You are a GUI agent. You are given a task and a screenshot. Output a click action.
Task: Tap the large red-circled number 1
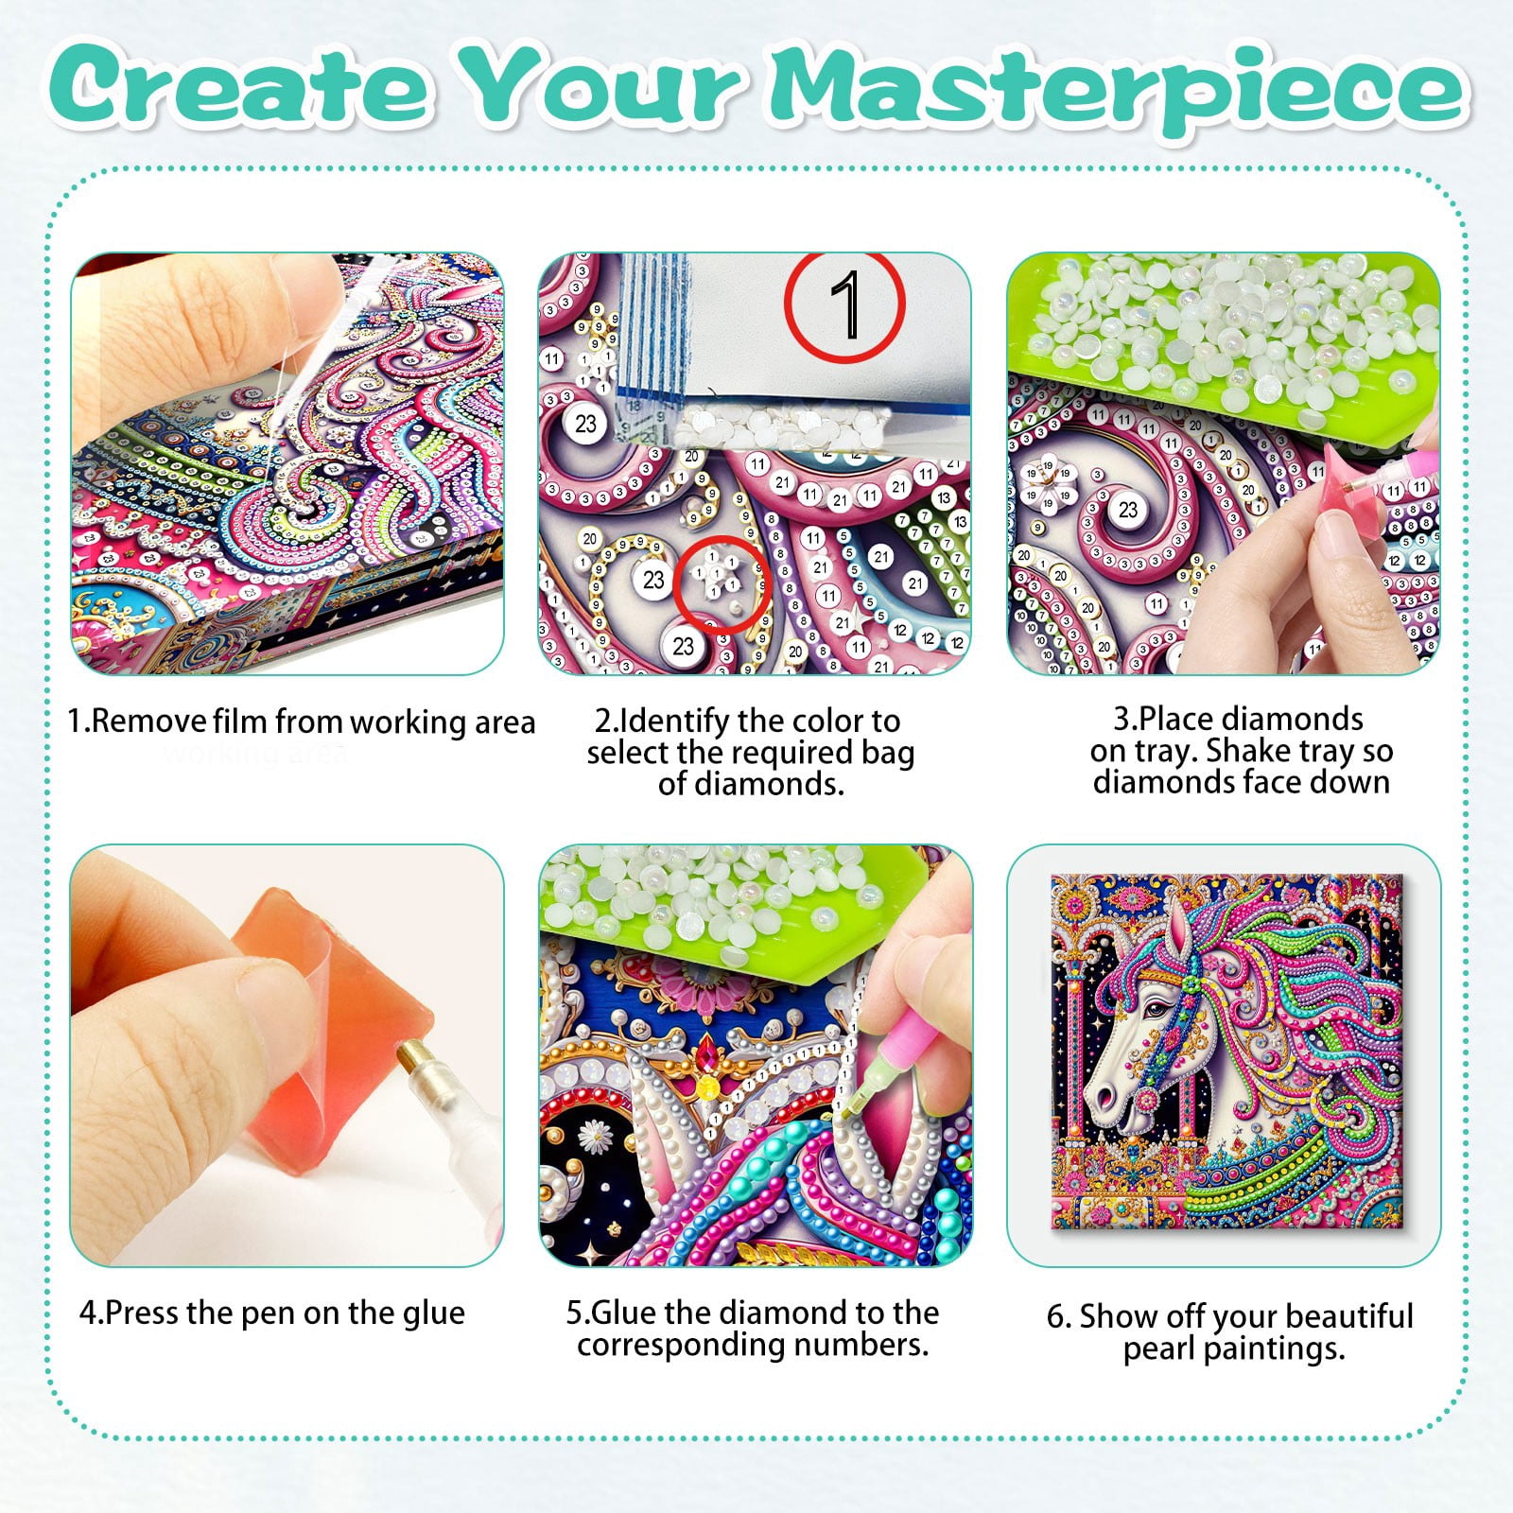[844, 305]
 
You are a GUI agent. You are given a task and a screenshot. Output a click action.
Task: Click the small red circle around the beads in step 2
[724, 585]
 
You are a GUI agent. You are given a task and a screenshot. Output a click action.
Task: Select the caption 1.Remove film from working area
[301, 722]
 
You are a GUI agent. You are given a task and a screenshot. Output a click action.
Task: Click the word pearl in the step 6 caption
[1159, 1348]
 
